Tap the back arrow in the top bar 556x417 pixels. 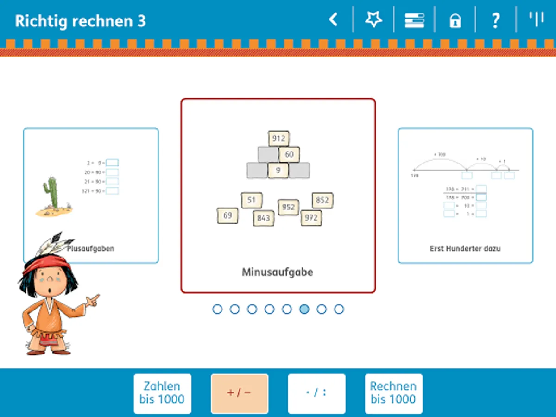tap(333, 20)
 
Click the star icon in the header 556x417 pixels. tap(373, 20)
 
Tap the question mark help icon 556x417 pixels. tap(495, 20)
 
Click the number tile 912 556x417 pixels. tap(278, 139)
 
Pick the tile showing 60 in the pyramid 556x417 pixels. tap(289, 154)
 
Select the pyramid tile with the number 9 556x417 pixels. tap(278, 170)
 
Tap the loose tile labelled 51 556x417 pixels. tap(252, 200)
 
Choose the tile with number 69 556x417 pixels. tap(227, 215)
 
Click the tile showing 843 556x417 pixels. tap(263, 218)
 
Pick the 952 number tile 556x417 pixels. tap(288, 207)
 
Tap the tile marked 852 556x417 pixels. tap(322, 200)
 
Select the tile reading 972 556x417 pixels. tap(311, 217)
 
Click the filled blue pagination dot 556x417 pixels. tap(304, 309)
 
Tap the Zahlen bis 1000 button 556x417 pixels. tap(162, 393)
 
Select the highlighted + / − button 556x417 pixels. tap(239, 393)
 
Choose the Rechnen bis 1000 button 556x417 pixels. tap(393, 393)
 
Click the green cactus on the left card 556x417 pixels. tap(52, 192)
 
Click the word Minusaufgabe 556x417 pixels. tap(278, 272)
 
